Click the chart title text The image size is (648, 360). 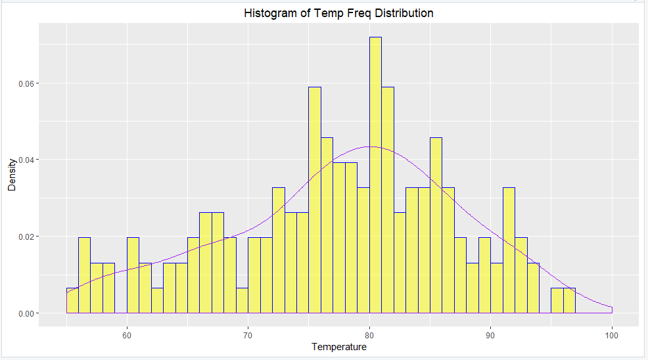point(338,13)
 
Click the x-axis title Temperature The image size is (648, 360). point(338,346)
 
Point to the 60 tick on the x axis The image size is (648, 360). point(127,335)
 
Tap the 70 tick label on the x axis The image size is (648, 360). point(248,335)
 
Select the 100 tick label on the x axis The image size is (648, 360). point(612,335)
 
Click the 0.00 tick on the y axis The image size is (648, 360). point(25,313)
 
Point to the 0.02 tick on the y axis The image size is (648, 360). point(25,236)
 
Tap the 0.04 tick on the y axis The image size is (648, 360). point(25,160)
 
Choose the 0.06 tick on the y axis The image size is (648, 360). point(25,83)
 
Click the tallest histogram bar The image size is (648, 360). point(375,177)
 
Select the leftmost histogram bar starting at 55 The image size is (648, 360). point(72,301)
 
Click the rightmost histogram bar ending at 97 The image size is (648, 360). point(569,301)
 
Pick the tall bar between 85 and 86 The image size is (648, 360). point(436,227)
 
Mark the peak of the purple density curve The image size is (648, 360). point(370,146)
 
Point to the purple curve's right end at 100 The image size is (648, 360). point(612,307)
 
